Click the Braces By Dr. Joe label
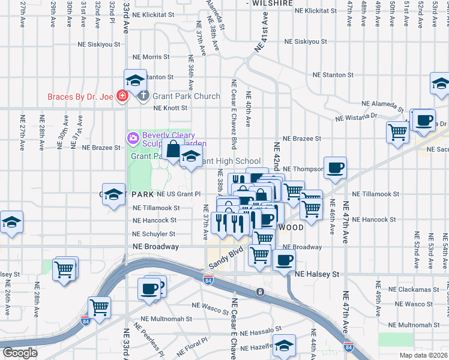(x=81, y=96)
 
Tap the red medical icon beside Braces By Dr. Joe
(x=122, y=96)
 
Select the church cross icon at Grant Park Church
(x=143, y=96)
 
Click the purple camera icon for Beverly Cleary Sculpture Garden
(x=133, y=139)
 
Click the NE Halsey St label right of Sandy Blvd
(x=317, y=274)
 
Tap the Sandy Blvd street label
(x=226, y=257)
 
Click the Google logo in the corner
(x=19, y=353)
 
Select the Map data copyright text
(x=424, y=355)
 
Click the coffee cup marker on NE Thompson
(x=335, y=167)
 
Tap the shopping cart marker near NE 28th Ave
(x=65, y=268)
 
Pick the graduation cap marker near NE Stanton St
(x=136, y=80)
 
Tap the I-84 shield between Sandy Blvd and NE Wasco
(x=208, y=280)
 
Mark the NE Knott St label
(x=170, y=108)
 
